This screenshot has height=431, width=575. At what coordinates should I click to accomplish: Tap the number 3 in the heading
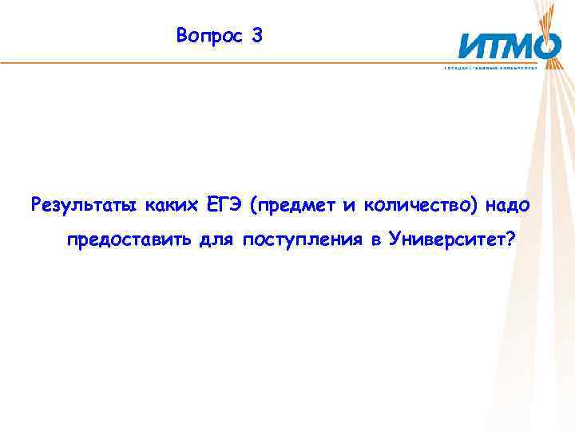point(256,36)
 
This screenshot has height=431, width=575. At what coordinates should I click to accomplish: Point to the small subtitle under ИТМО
point(502,68)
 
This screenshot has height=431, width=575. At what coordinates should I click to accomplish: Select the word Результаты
point(84,206)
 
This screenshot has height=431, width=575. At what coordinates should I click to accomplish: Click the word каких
point(171,206)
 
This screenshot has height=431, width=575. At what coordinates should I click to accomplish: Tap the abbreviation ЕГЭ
point(223,205)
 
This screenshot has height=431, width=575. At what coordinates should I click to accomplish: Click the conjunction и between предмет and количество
point(348,206)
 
